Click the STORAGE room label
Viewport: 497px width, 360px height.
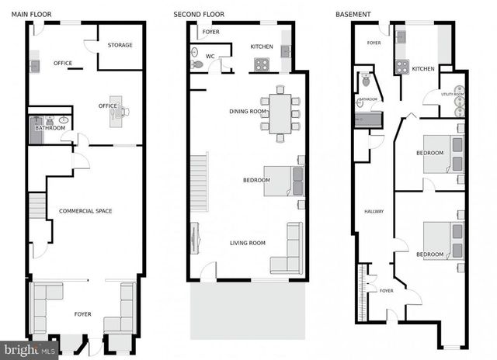tap(120, 45)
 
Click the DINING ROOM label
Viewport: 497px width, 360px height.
tap(248, 111)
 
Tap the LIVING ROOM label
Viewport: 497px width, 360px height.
tap(248, 243)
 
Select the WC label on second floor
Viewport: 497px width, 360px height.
tap(210, 56)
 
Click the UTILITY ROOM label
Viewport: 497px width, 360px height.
tap(453, 94)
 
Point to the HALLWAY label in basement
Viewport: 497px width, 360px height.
tap(375, 211)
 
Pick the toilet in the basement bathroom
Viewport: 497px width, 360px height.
tap(364, 80)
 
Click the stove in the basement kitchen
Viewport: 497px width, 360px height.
tap(402, 67)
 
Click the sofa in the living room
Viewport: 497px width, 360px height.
tap(290, 249)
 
